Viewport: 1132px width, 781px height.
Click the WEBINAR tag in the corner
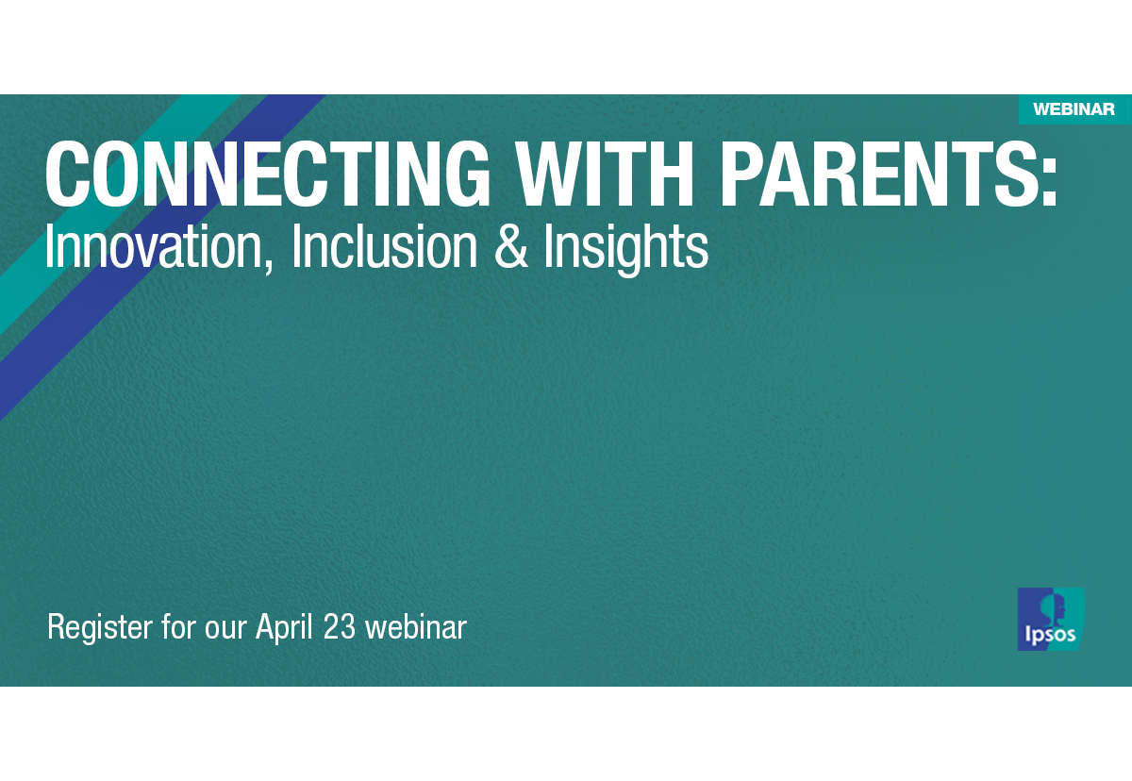[x=1074, y=109]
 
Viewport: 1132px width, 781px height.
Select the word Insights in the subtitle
[x=625, y=248]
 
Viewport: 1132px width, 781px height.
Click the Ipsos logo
[x=1050, y=619]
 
